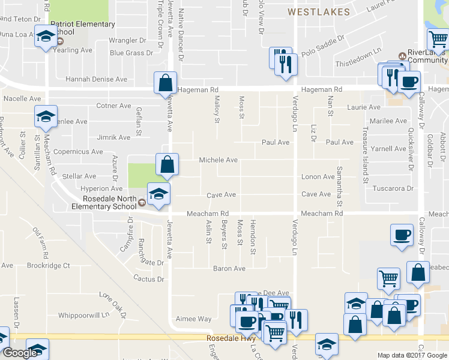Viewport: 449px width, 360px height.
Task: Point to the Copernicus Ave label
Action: coord(78,152)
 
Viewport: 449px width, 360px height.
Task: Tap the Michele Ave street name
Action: coord(218,160)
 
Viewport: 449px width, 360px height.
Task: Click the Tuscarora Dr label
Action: coord(394,188)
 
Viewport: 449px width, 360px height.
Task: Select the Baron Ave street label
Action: coord(229,268)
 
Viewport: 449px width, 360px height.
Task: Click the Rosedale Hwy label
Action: coord(228,338)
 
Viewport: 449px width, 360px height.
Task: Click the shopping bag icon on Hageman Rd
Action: coord(165,83)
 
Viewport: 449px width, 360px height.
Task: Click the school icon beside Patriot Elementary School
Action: coord(46,37)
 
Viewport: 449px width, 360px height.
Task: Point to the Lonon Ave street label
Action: coord(318,177)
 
